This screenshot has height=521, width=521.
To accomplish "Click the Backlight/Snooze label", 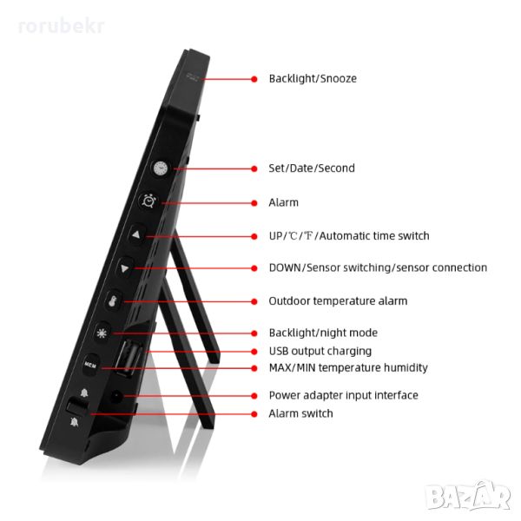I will click(312, 78).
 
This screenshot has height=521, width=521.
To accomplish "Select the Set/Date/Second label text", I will click(311, 168).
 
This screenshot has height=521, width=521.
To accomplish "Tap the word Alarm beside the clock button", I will click(283, 202).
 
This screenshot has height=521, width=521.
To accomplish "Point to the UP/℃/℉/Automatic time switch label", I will click(348, 235).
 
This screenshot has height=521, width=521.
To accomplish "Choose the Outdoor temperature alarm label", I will click(338, 300).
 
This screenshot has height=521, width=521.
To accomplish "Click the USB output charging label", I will click(320, 351).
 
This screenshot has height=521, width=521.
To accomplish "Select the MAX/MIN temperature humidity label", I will click(347, 367).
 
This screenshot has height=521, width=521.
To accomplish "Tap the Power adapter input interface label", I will click(343, 395).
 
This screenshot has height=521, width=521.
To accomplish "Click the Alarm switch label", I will click(300, 413).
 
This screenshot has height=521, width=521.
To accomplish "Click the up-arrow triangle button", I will click(135, 234).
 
